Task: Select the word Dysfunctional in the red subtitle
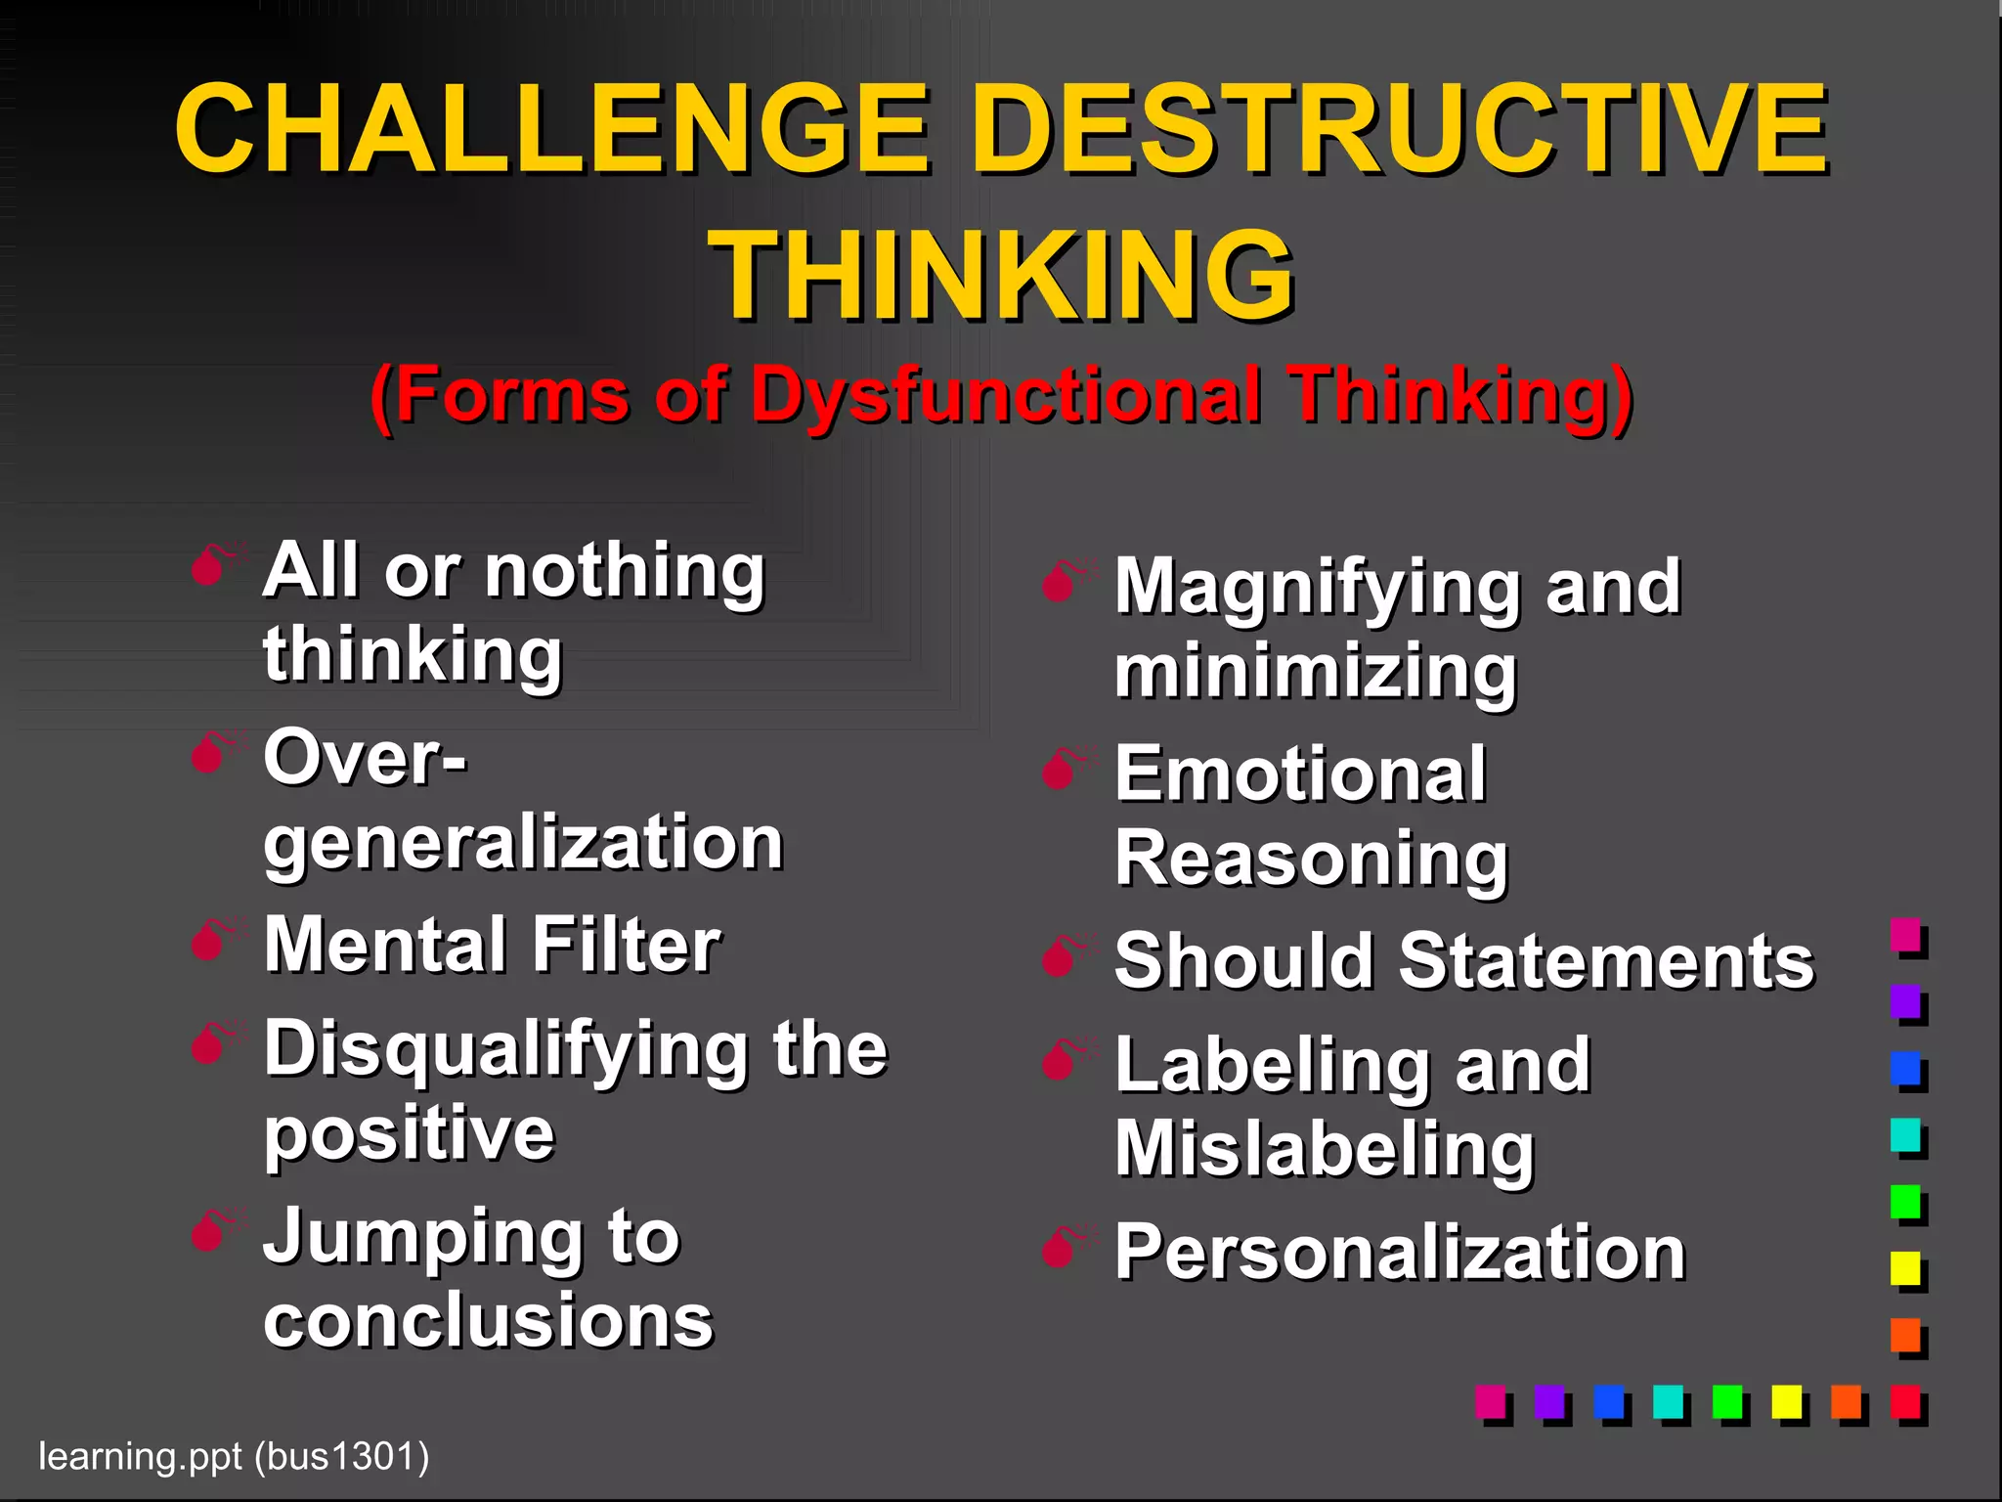point(1005,396)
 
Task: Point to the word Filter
point(626,946)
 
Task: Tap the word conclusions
point(489,1320)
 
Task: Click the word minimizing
point(1316,672)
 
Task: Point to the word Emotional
point(1300,774)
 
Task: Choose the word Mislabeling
point(1325,1150)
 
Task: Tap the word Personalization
point(1400,1252)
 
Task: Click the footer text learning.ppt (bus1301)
point(234,1456)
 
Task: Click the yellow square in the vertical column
point(1905,1268)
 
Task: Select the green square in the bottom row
point(1727,1401)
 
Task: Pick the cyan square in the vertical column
point(1905,1135)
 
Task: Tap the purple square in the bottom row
point(1549,1401)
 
